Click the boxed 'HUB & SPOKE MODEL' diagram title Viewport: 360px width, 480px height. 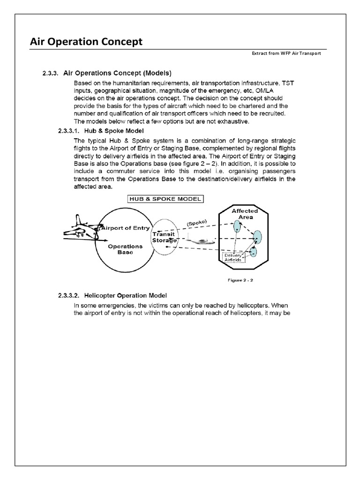159,198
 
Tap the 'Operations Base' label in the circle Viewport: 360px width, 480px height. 125,249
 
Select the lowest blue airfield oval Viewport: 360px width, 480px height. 254,252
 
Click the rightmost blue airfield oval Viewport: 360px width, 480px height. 257,237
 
